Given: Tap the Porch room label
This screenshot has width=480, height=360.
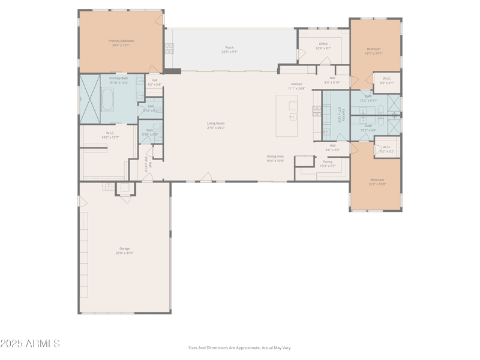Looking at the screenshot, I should tap(230, 47).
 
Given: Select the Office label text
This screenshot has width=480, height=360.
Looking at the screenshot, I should tap(323, 44).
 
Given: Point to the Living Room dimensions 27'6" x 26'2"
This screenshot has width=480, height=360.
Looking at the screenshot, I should tap(215, 128).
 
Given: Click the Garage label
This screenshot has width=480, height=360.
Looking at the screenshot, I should tap(124, 248).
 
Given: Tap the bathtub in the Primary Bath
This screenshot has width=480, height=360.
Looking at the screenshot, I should tap(108, 100).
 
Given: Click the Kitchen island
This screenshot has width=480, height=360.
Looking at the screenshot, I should tap(287, 115).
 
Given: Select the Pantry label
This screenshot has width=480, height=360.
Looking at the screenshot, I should tap(328, 161).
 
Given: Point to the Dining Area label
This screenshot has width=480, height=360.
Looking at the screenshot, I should tap(275, 157).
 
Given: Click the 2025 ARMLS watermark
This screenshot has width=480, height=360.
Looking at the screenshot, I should tap(30, 344).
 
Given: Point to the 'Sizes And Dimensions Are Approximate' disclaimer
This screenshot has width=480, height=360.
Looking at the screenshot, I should tap(240, 347).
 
